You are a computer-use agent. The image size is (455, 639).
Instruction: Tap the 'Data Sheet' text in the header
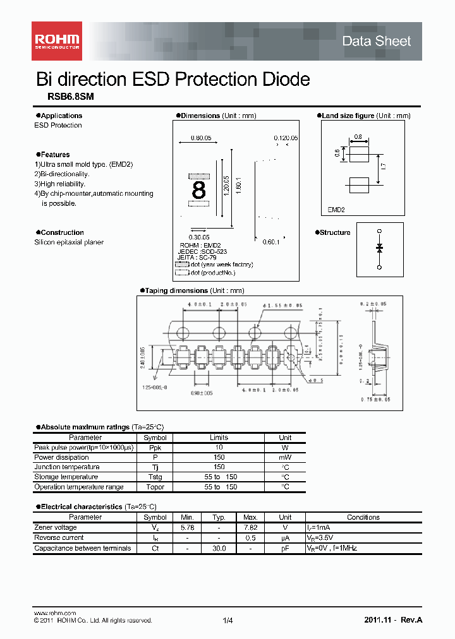pos(376,41)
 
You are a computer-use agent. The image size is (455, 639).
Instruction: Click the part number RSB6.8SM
pos(71,97)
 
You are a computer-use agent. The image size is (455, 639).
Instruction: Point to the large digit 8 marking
pos(198,189)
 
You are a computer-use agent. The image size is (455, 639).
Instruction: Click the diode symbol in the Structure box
pos(380,248)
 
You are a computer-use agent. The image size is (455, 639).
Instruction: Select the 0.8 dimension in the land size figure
pos(358,137)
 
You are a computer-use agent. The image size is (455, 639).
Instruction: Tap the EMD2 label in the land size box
pos(336,210)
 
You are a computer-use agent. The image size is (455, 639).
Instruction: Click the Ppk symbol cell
pos(155,447)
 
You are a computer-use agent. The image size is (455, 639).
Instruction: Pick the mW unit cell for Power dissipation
pos(285,457)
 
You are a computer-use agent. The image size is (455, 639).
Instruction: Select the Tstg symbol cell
pos(155,477)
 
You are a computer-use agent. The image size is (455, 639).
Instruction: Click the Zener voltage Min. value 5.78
pos(187,527)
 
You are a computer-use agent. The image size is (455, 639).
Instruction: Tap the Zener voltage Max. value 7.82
pos(250,527)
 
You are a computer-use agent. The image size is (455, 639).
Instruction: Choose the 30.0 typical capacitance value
pos(219,548)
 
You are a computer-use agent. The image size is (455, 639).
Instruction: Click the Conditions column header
pos(363,517)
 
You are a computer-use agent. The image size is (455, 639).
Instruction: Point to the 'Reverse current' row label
pos(59,538)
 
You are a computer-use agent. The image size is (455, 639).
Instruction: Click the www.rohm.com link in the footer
pos(54,613)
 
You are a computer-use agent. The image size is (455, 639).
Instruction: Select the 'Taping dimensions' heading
pos(176,290)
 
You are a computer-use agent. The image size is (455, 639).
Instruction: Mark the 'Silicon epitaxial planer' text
pos(69,242)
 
